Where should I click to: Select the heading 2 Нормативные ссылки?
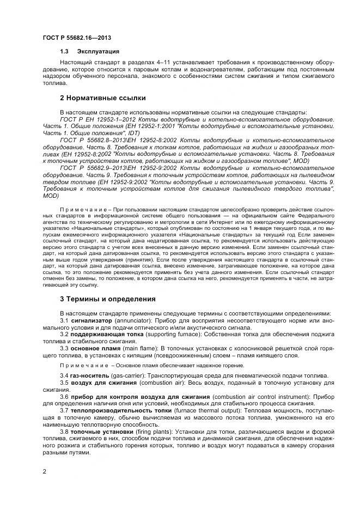(x=102, y=98)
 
